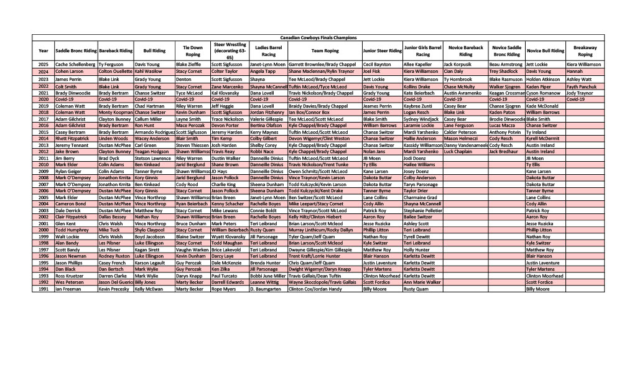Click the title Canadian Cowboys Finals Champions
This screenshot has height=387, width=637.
318,38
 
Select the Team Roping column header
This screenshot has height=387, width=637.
325,50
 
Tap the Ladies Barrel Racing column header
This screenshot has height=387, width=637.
268,50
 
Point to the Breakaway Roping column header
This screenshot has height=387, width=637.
585,50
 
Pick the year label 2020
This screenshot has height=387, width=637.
43,99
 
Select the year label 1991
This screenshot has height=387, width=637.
43,289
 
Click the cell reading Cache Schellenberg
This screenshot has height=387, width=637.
75,64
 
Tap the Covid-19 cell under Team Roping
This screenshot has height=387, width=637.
299,99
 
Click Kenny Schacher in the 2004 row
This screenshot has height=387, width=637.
227,203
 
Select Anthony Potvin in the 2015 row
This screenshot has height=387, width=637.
504,132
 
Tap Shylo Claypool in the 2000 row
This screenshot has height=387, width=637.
150,230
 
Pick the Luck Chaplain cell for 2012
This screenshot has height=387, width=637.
458,151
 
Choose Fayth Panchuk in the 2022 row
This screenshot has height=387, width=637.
581,86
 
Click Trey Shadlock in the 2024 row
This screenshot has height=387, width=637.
503,72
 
